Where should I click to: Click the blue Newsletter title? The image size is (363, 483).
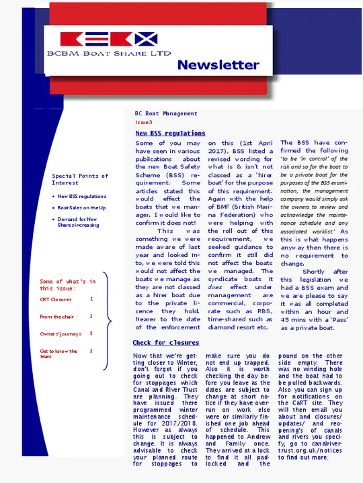[x=218, y=65]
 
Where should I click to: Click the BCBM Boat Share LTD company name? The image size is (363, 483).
[x=108, y=52]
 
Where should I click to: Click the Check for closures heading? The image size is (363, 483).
[x=165, y=343]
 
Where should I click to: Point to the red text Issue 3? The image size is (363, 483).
[x=144, y=123]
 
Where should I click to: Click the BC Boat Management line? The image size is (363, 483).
[x=166, y=114]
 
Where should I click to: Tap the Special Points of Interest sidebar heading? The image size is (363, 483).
[x=79, y=179]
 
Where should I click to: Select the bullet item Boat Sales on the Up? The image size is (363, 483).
[x=81, y=208]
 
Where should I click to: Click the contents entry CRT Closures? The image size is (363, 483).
[x=56, y=299]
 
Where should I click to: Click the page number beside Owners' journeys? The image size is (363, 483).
[x=91, y=333]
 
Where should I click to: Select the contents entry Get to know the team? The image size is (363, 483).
[x=58, y=354]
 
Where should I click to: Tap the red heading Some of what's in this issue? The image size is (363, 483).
[x=67, y=285]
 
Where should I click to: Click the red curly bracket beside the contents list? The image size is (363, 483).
[x=106, y=329]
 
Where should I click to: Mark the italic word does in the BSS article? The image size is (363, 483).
[x=215, y=287]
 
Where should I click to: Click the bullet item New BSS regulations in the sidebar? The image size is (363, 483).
[x=81, y=197]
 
